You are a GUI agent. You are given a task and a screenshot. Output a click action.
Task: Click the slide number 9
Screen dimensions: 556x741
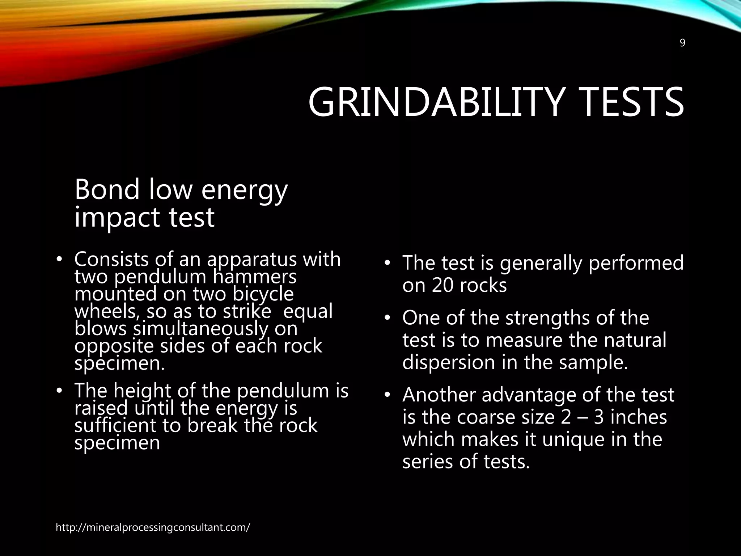682,43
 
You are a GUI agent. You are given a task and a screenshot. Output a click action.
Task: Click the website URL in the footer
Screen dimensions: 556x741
153,527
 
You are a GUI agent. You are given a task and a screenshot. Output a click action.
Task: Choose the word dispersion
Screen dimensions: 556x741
449,363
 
